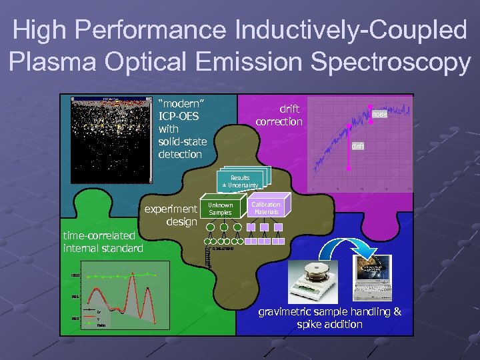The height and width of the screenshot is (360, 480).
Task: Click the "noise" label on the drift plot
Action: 379,115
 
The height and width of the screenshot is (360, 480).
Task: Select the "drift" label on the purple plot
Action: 359,146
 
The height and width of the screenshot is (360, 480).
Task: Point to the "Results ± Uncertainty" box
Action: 240,181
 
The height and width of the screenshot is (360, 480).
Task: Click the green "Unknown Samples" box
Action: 220,209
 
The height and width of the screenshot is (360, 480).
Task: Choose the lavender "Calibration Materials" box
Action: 266,208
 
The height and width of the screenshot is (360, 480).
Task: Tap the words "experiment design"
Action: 172,215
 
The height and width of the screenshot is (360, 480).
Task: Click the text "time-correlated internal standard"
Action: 103,242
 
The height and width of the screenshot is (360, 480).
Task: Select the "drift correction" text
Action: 279,115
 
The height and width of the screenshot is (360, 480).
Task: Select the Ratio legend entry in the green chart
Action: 101,325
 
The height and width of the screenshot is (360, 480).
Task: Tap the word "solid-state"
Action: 182,141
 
